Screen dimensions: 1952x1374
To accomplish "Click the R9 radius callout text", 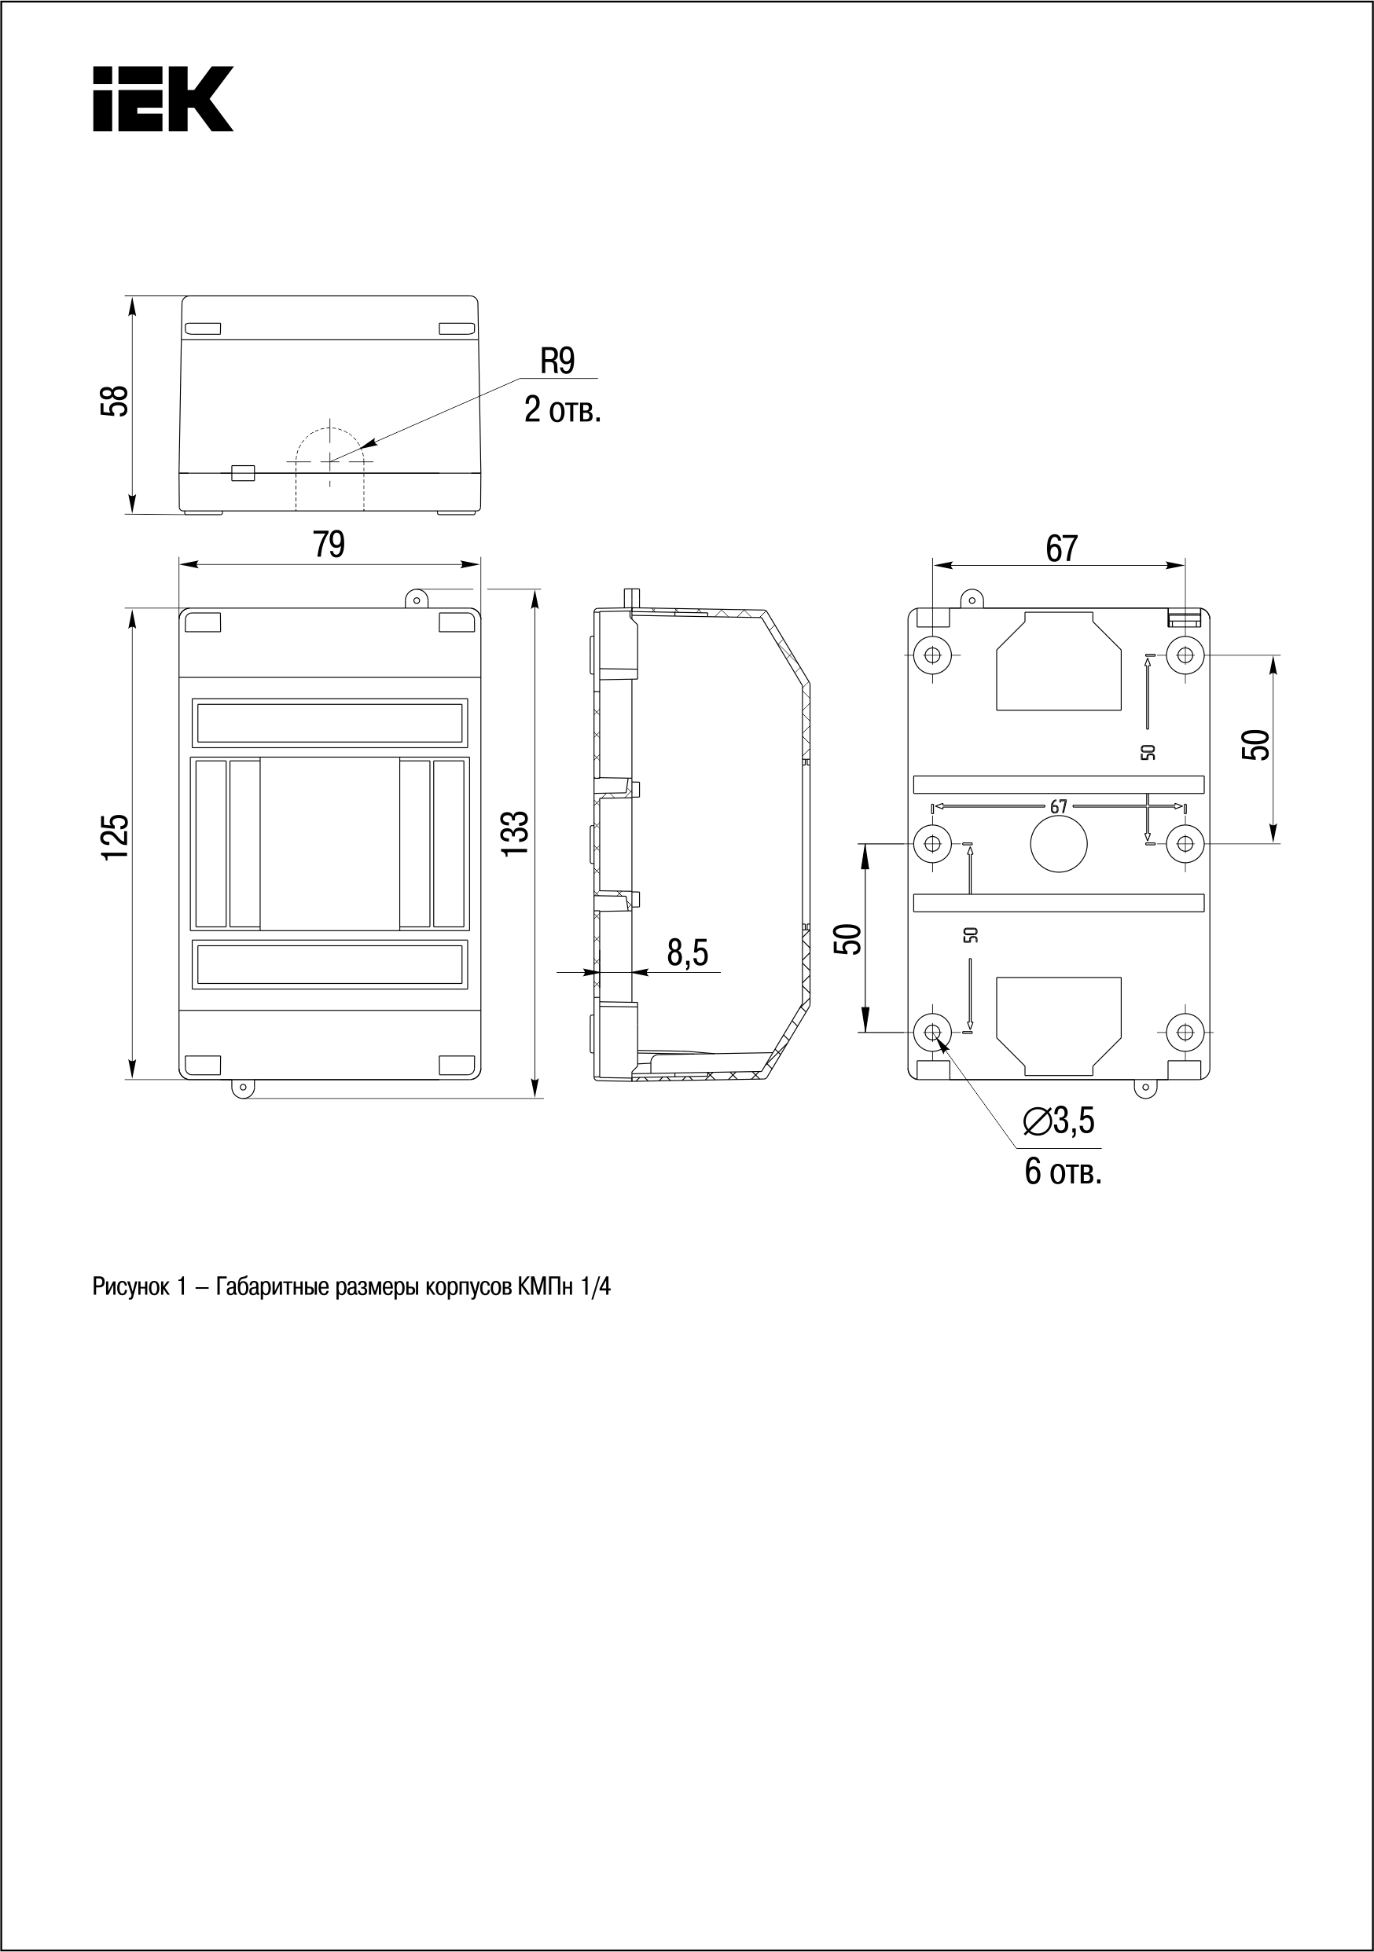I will (x=558, y=362).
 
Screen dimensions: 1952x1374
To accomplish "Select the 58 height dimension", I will (x=115, y=401).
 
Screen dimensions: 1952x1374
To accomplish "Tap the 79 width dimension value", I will (x=329, y=545).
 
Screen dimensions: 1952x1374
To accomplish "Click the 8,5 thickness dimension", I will (x=687, y=953).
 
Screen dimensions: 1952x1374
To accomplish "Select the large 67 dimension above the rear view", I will (x=1061, y=549).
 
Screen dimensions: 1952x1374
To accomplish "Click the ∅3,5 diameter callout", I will (x=1060, y=1121).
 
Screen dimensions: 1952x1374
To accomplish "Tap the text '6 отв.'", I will (x=1063, y=1172).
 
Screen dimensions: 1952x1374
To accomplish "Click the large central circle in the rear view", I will (x=1059, y=843).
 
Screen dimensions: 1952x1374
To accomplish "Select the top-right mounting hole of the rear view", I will (x=1185, y=655).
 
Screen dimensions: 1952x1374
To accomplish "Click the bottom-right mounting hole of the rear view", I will (x=1185, y=1032).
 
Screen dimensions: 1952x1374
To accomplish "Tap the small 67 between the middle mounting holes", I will (x=1058, y=807).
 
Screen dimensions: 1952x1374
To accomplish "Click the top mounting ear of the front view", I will (x=417, y=600).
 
